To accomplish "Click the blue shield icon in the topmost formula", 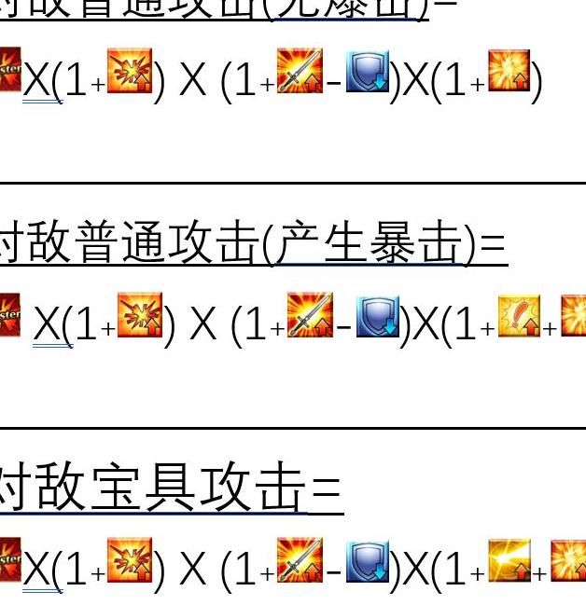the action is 368,72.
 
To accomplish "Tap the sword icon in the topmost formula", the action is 300,72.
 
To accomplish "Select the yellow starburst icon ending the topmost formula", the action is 509,72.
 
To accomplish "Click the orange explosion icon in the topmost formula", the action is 130,72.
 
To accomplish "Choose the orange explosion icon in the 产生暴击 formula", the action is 140,316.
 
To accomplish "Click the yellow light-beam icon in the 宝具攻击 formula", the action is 509,561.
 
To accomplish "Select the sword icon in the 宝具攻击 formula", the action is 300,561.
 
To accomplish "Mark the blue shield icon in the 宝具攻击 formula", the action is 368,561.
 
